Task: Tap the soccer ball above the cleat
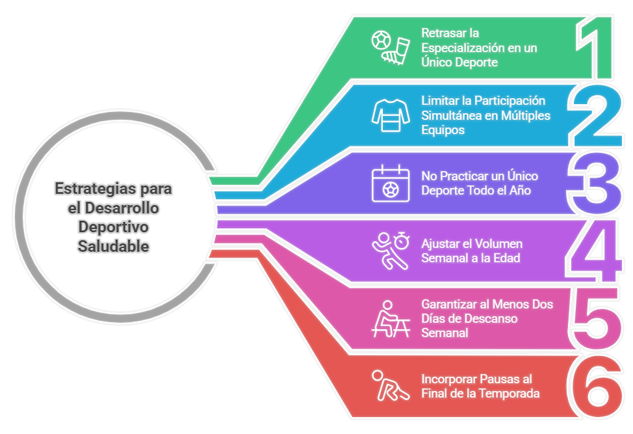381,40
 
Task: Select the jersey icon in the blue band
391,116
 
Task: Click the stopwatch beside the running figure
402,240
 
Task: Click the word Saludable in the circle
113,246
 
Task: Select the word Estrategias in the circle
95,189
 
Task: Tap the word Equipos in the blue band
443,130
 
